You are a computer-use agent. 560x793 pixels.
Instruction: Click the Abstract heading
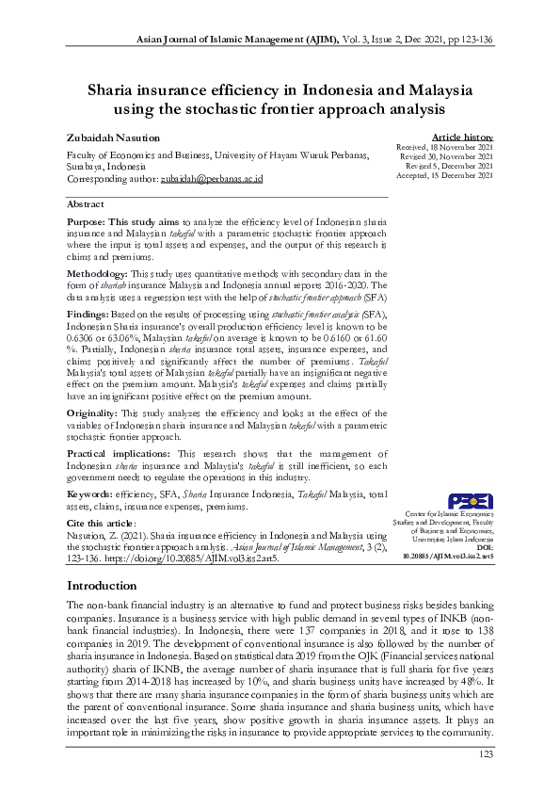[87, 203]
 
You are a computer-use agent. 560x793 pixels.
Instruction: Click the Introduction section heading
[102, 586]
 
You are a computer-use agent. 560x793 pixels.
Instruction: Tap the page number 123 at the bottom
[486, 753]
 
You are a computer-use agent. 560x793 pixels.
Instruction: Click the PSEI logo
[469, 501]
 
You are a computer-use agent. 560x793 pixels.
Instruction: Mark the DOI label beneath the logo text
[485, 547]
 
